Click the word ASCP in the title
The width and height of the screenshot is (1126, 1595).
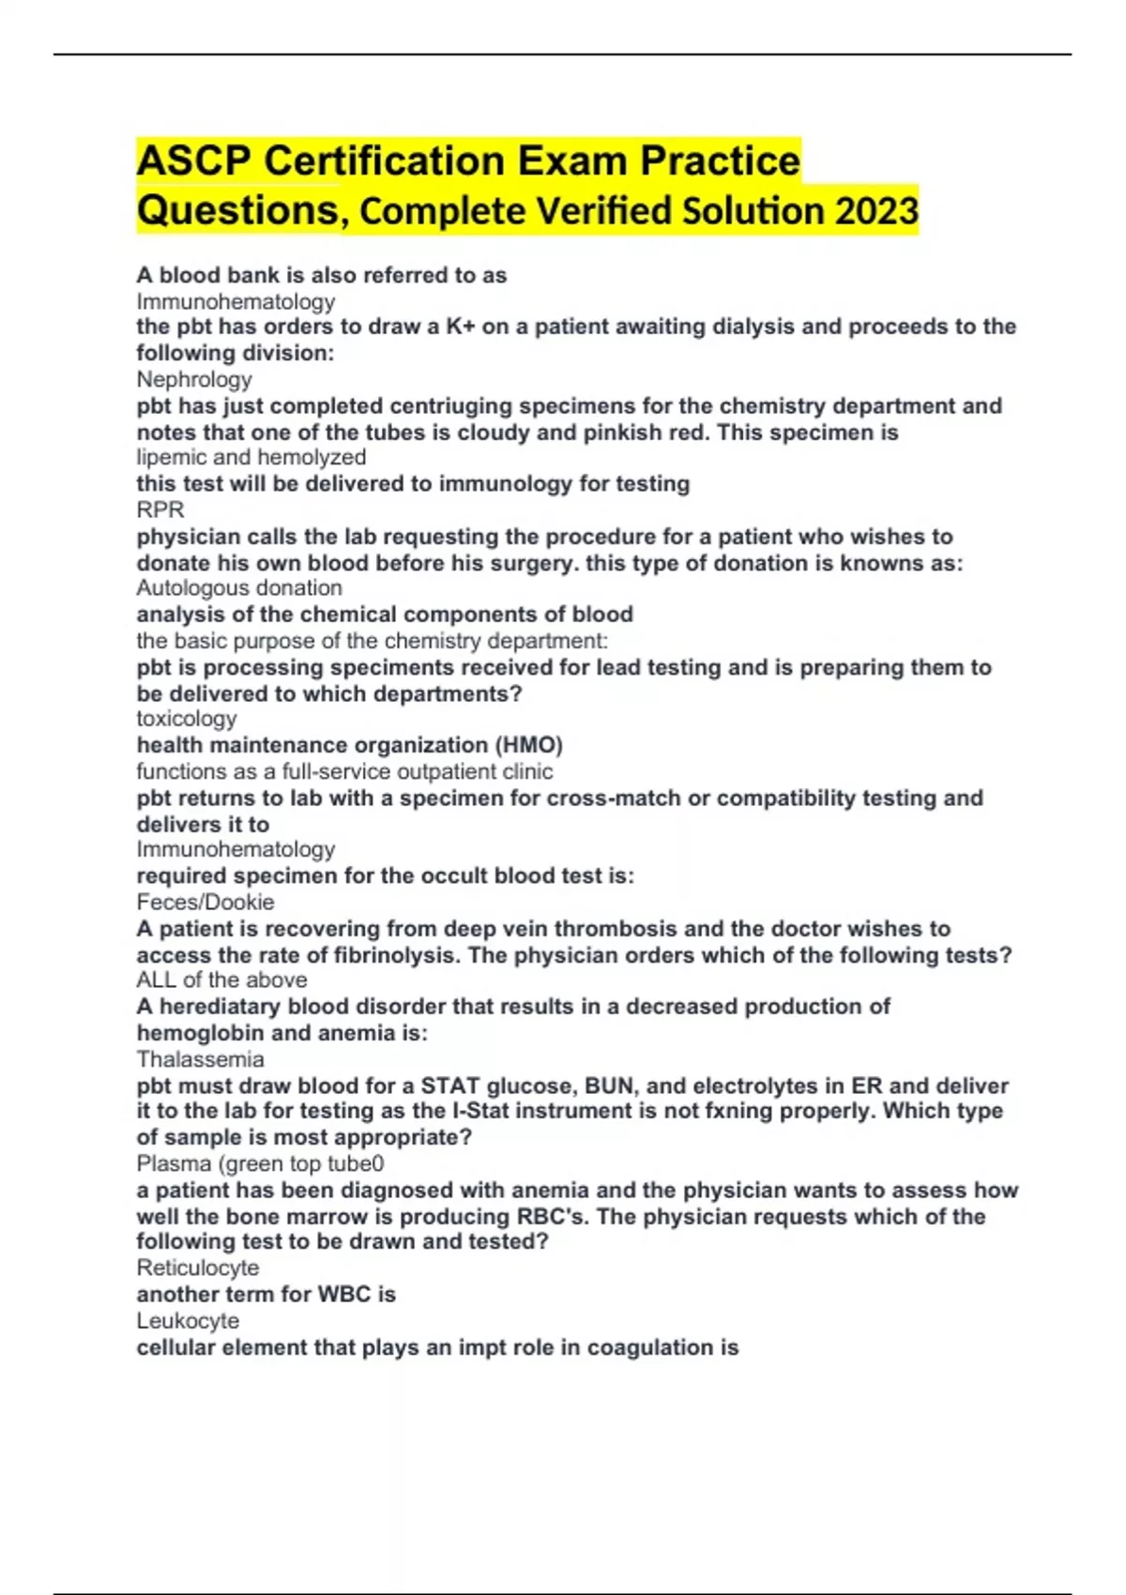tap(194, 160)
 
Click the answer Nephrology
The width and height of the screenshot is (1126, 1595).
tap(194, 379)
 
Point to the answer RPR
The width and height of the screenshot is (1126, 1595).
tap(160, 509)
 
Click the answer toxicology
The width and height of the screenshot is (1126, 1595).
tap(187, 719)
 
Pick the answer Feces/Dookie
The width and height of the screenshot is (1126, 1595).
tap(205, 902)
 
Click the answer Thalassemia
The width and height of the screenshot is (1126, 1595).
tap(200, 1059)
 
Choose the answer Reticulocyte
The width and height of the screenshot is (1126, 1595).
tap(198, 1268)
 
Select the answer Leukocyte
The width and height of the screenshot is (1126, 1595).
tap(188, 1320)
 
